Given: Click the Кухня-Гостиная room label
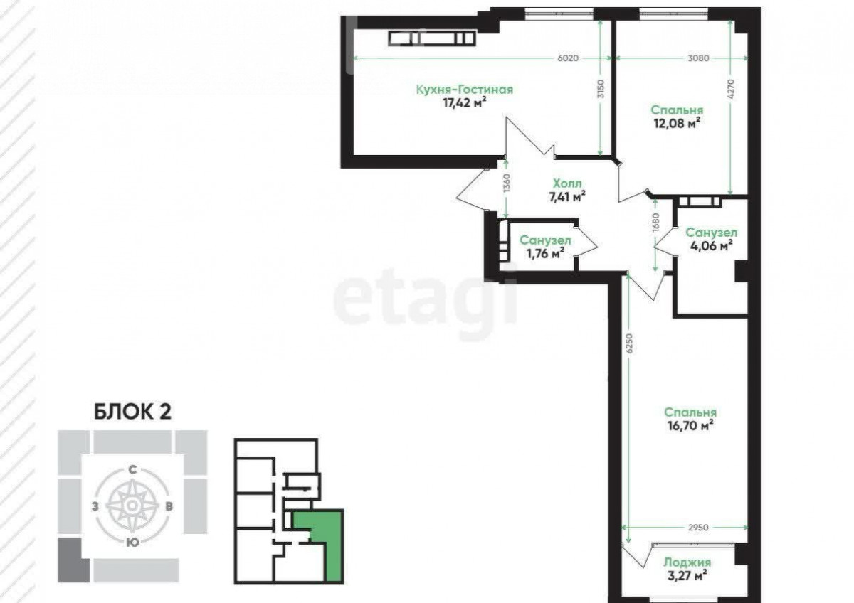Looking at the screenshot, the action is [x=464, y=90].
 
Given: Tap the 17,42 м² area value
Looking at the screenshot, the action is [x=464, y=102].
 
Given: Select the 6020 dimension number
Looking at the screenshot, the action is [x=568, y=58].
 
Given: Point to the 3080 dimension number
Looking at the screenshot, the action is [x=698, y=58].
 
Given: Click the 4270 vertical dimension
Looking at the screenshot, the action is [x=731, y=90].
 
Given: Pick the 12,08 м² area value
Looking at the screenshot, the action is [x=677, y=123].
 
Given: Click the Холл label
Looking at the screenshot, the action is [x=567, y=183].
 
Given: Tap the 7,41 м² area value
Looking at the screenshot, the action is [x=567, y=196].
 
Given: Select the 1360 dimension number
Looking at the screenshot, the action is [x=506, y=183].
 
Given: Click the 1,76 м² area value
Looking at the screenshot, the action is [x=545, y=253].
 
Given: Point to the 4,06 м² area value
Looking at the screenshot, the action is [x=712, y=246].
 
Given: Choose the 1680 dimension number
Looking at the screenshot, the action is [x=655, y=223].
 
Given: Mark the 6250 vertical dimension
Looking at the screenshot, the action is [x=629, y=343].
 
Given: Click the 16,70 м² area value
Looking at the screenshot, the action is [x=690, y=425].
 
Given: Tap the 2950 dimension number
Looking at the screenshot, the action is [x=698, y=528].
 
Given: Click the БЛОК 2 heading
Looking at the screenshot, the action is [x=132, y=412].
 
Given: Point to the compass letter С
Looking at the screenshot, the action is [x=132, y=470].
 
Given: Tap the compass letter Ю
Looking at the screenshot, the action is [x=132, y=543].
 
